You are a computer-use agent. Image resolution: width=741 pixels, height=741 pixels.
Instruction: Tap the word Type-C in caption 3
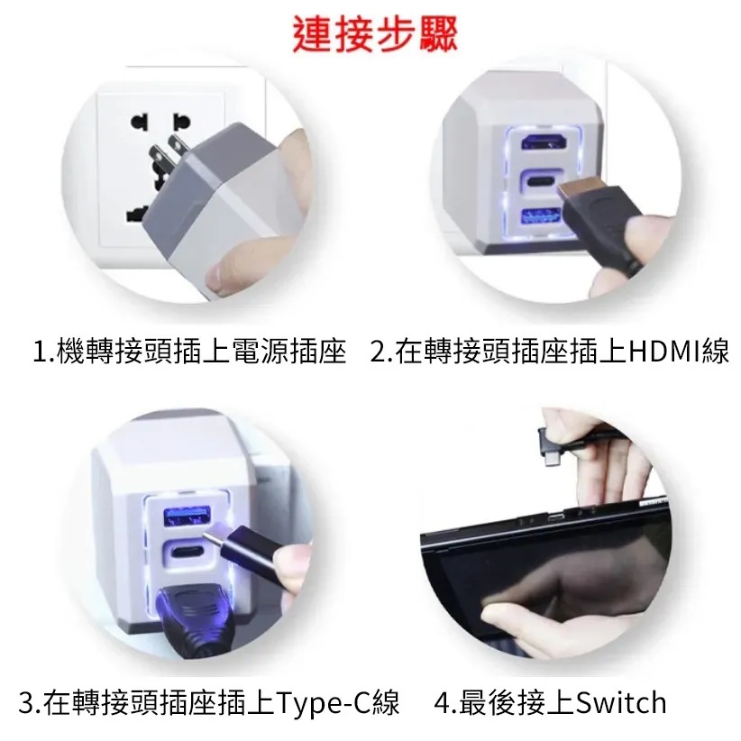(324, 703)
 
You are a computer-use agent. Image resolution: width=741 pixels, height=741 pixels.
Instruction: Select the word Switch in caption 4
(620, 703)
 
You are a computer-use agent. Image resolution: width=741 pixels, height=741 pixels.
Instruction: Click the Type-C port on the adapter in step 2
(542, 181)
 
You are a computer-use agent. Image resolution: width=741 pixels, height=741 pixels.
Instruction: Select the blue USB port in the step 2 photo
(542, 217)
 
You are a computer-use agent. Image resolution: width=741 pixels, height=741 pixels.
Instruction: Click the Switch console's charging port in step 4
(555, 517)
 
